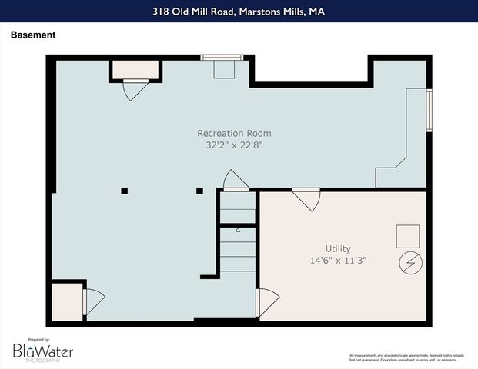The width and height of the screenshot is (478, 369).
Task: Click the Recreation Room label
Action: [x=234, y=133]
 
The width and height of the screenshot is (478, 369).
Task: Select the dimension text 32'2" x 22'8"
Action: [x=234, y=145]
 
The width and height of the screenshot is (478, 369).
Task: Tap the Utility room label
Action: [x=338, y=248]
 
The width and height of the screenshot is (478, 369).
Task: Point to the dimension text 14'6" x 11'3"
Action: [x=338, y=260]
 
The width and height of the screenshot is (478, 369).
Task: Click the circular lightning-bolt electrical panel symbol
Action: [x=408, y=262]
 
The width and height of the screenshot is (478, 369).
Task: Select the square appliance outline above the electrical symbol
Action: [x=408, y=235]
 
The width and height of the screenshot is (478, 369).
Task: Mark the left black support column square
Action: [x=124, y=191]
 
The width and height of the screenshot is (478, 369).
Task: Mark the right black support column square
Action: [x=199, y=191]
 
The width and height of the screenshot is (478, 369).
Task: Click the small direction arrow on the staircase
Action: [x=238, y=230]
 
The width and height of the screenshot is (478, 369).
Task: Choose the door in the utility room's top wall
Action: [x=306, y=199]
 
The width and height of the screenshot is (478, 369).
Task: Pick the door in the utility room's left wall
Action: [x=266, y=301]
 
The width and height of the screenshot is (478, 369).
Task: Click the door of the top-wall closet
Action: [x=135, y=89]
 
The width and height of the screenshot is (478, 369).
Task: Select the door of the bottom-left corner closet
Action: [x=92, y=301]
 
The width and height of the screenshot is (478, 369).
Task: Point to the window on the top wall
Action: [x=222, y=57]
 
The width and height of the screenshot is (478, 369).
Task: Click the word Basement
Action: [x=32, y=35]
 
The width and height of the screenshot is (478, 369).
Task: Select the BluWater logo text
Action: [x=43, y=351]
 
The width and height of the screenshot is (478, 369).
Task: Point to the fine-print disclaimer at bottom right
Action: [x=406, y=357]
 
